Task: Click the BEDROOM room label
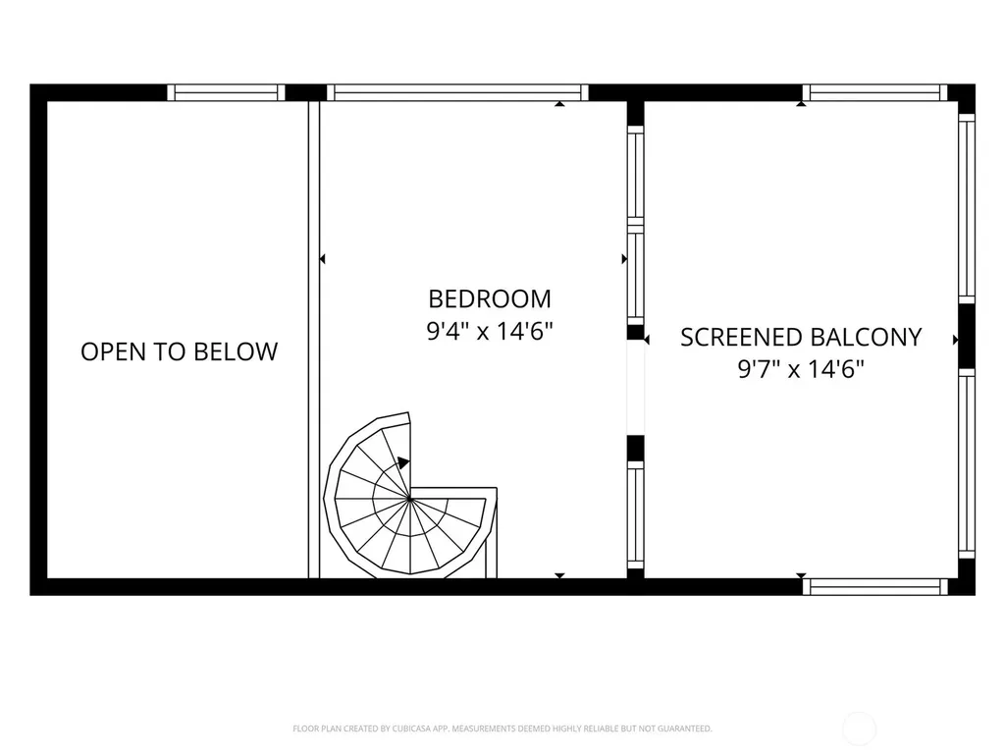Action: point(490,298)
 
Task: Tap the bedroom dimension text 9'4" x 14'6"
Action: point(490,332)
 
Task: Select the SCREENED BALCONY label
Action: point(801,338)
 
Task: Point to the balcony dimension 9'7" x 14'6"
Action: point(801,369)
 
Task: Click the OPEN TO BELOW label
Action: point(179,351)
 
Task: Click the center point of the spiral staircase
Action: point(409,497)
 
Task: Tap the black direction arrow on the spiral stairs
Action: point(403,462)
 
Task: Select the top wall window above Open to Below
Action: point(226,92)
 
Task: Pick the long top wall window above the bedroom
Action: point(457,92)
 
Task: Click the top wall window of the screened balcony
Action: point(874,92)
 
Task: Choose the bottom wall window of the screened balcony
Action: point(874,587)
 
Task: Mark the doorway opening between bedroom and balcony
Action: point(635,387)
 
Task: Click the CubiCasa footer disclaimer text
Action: point(502,728)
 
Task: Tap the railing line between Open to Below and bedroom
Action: point(314,340)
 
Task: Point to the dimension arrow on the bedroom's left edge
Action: point(322,259)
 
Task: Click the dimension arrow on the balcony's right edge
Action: point(956,340)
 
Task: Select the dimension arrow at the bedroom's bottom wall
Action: point(559,575)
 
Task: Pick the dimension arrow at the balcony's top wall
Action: point(801,103)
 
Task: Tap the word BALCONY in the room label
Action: point(866,338)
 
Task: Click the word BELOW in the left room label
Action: point(236,351)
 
